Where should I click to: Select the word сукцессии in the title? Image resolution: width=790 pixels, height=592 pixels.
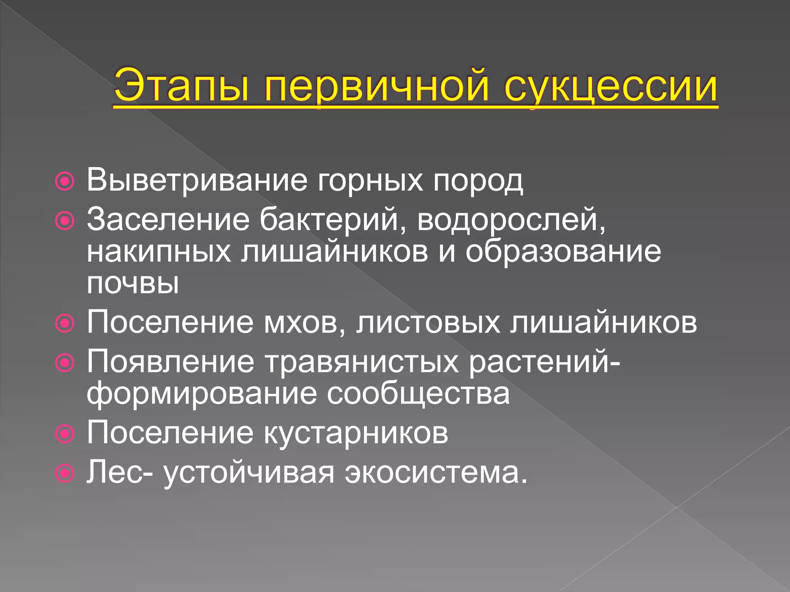pyautogui.click(x=611, y=86)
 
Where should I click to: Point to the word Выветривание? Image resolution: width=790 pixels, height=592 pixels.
pyautogui.click(x=197, y=180)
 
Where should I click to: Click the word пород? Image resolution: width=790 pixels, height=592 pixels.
pyautogui.click(x=478, y=180)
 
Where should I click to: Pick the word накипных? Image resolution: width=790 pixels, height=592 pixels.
pyautogui.click(x=159, y=252)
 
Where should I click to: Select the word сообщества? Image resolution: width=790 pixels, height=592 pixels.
pyautogui.click(x=418, y=394)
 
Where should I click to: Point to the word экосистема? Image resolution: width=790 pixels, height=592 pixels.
pyautogui.click(x=436, y=473)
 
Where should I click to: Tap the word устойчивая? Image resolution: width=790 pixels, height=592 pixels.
pyautogui.click(x=249, y=473)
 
